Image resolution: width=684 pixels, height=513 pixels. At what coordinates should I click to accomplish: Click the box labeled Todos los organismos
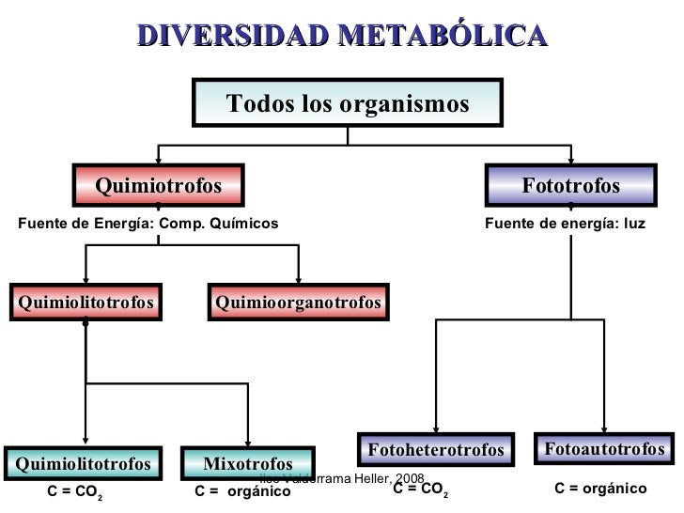(x=348, y=103)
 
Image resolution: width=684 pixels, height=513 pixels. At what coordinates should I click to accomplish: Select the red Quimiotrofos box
(x=158, y=185)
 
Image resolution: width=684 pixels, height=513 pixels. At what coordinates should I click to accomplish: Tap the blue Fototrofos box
(x=570, y=185)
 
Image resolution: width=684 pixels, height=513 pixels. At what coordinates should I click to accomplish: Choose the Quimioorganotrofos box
(x=298, y=303)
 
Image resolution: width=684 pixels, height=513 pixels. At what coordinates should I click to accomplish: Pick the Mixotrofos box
(x=248, y=463)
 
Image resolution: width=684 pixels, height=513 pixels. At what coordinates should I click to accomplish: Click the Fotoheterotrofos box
(x=436, y=450)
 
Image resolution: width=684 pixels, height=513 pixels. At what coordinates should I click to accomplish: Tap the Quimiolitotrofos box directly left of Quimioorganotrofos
(x=85, y=303)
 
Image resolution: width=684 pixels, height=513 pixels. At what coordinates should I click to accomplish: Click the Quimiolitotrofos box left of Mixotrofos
(x=83, y=463)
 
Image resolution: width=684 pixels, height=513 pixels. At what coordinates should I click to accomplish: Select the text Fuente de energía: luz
(x=564, y=223)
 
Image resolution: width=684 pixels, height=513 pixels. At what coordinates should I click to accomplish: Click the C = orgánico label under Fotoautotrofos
(x=600, y=489)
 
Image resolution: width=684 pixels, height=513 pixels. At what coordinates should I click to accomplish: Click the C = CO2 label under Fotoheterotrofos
(x=420, y=490)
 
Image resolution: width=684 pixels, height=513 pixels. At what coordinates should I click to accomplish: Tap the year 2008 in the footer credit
(x=411, y=480)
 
